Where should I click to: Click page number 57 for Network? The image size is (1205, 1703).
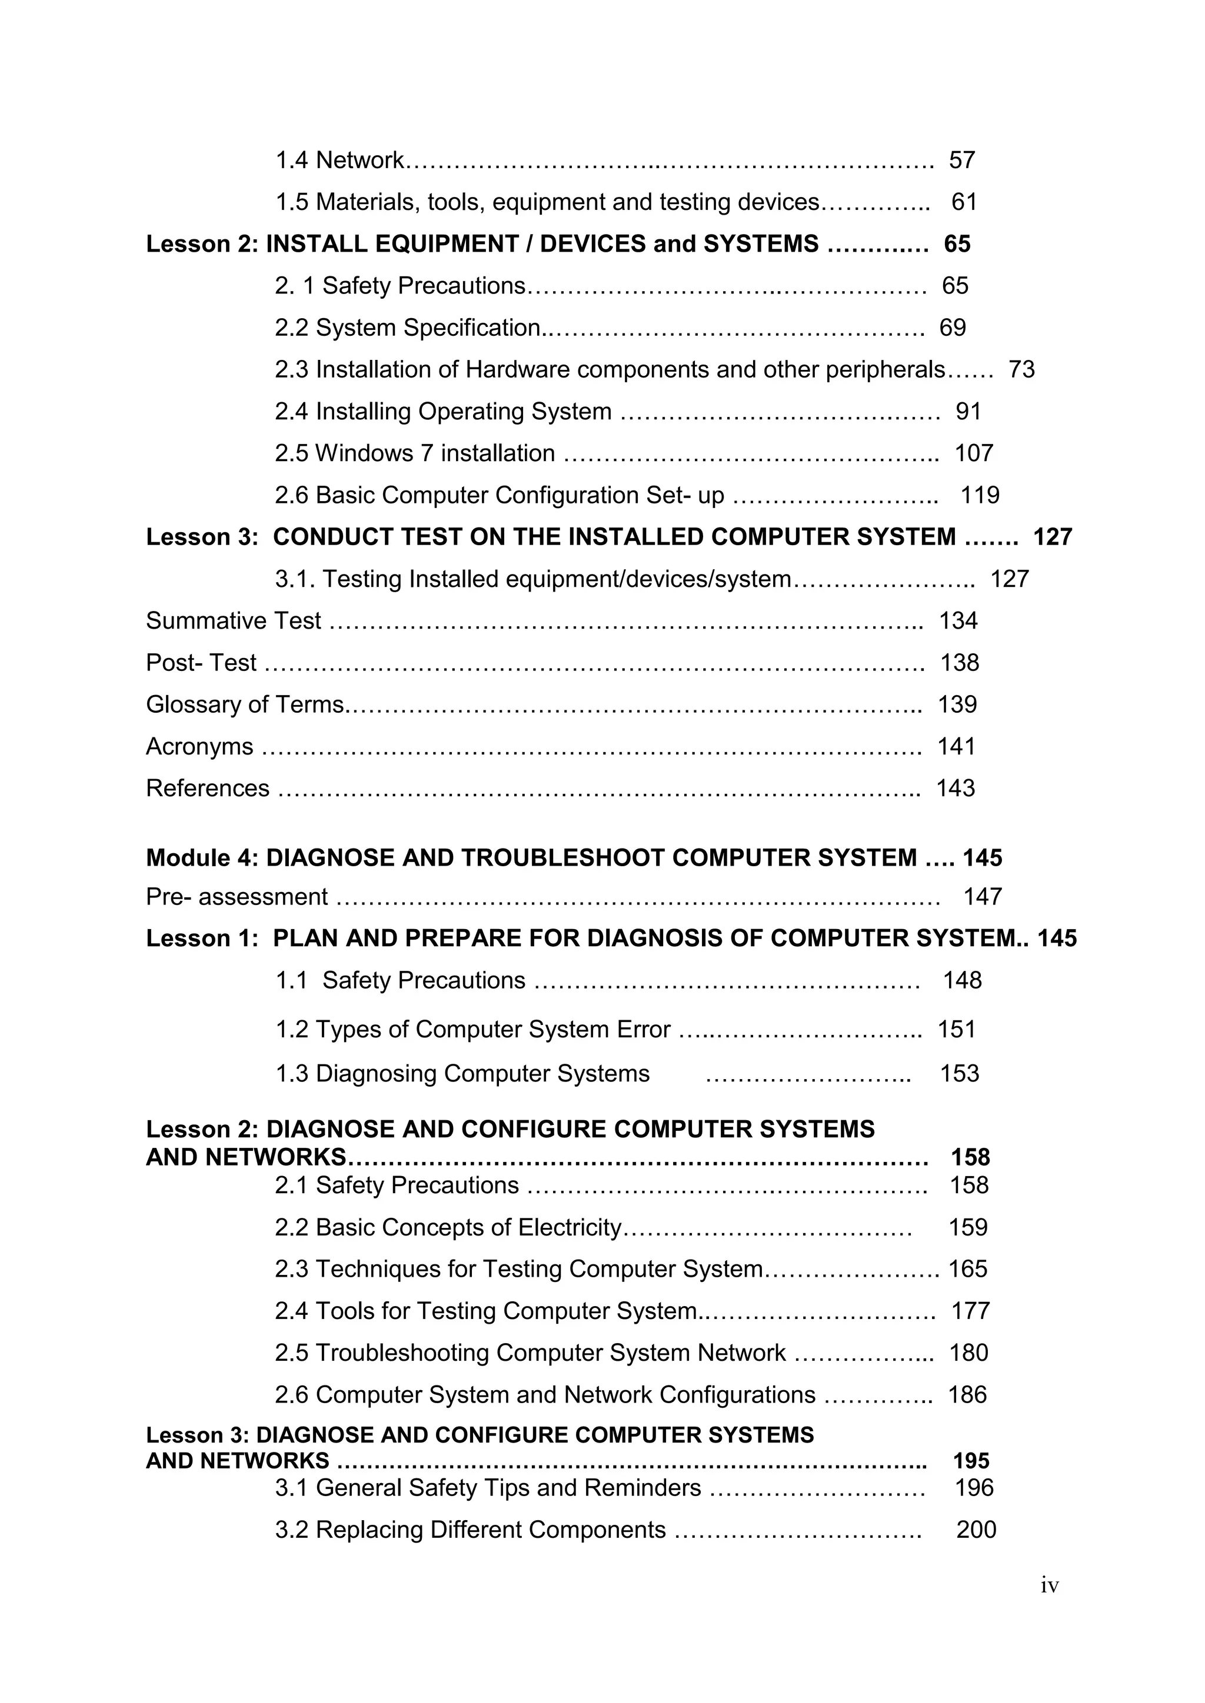pyautogui.click(x=961, y=160)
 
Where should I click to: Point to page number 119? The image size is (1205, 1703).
pyautogui.click(x=980, y=496)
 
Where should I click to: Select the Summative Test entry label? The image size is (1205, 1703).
pyautogui.click(x=233, y=621)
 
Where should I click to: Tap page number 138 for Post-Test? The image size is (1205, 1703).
pyautogui.click(x=960, y=663)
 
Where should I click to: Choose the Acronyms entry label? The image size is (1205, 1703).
pyautogui.click(x=199, y=747)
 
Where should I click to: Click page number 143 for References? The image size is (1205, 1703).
pyautogui.click(x=955, y=789)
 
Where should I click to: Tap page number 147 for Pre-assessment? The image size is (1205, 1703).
pyautogui.click(x=983, y=897)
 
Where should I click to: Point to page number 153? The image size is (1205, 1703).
pyautogui.click(x=960, y=1074)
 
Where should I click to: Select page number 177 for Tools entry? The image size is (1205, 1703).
pyautogui.click(x=970, y=1311)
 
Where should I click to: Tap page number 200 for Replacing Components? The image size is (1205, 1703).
pyautogui.click(x=976, y=1530)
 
